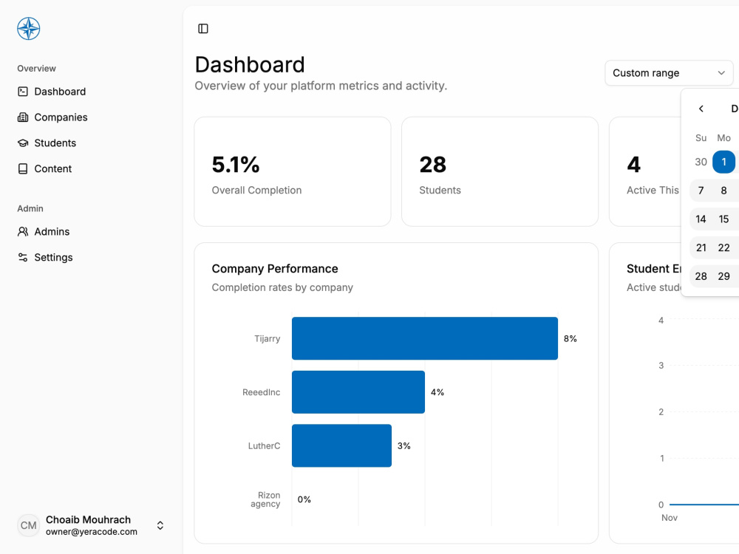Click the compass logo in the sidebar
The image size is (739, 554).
[28, 29]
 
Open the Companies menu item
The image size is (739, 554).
[52, 117]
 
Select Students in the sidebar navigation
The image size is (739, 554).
[47, 143]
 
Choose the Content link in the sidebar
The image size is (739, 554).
[44, 168]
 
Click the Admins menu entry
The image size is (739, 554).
[44, 232]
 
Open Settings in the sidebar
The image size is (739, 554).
[45, 257]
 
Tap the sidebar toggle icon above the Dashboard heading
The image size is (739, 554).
[203, 29]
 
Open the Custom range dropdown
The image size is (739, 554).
[669, 73]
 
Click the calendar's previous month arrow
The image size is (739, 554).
[701, 109]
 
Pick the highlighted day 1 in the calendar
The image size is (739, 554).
[724, 162]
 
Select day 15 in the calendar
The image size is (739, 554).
[724, 219]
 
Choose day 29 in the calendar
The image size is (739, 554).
[724, 276]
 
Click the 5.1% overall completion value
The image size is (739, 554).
[236, 165]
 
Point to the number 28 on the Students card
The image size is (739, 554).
[432, 165]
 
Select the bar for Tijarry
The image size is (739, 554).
[425, 338]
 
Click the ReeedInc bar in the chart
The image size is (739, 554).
[358, 392]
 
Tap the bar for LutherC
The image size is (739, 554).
[341, 445]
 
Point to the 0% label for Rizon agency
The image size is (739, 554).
[304, 499]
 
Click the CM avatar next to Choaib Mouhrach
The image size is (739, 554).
[28, 525]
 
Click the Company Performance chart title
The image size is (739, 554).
[275, 269]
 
